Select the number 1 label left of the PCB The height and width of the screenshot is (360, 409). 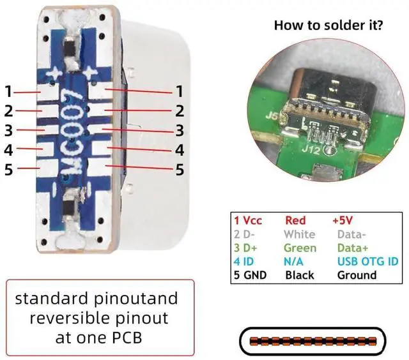[x=8, y=91]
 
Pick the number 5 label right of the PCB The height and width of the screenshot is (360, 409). [x=180, y=170]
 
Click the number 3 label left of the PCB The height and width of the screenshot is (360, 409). [x=8, y=131]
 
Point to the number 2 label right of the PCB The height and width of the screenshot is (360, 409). [x=180, y=110]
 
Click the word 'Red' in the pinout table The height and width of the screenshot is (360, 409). [x=295, y=220]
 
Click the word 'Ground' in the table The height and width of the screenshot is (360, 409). [x=356, y=275]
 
